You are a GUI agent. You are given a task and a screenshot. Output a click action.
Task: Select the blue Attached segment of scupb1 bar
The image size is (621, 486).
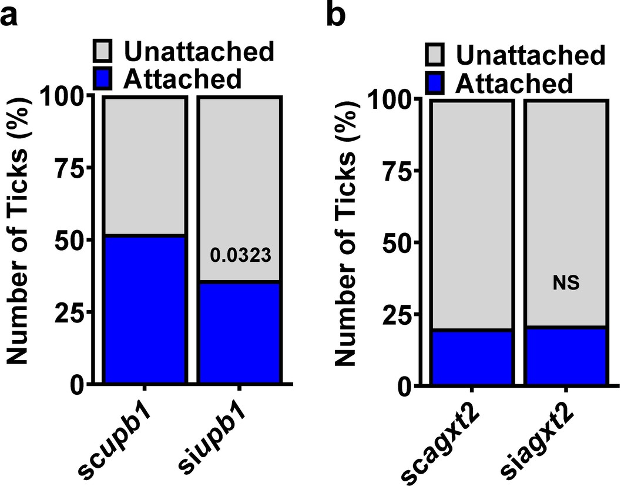tap(145, 309)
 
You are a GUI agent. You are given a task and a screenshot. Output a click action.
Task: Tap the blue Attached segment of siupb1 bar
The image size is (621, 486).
tap(239, 332)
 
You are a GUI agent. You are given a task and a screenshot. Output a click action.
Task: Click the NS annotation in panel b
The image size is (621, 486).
tap(565, 284)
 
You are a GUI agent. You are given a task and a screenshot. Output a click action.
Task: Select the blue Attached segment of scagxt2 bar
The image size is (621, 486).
tap(471, 357)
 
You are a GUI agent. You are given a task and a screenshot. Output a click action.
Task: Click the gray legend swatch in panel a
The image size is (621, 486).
tap(106, 52)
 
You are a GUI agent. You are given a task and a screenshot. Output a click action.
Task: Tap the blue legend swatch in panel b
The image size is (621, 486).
tap(437, 83)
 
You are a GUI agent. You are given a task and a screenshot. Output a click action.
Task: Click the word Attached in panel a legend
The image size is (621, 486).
tap(183, 78)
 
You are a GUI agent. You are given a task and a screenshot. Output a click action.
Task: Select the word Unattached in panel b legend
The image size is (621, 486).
tap(531, 55)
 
